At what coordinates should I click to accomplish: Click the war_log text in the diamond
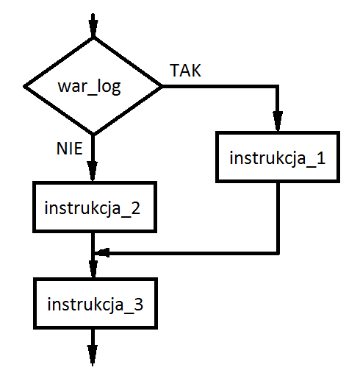pyautogui.click(x=89, y=86)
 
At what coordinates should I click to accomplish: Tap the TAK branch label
pyautogui.click(x=185, y=71)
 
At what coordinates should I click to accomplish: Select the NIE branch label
pyautogui.click(x=70, y=149)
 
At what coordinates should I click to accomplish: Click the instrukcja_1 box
pyautogui.click(x=278, y=157)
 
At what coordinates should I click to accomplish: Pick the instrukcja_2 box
pyautogui.click(x=95, y=207)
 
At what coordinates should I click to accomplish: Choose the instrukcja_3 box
pyautogui.click(x=96, y=303)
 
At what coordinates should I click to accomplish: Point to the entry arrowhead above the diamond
pyautogui.click(x=93, y=28)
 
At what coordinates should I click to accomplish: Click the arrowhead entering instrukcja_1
pyautogui.click(x=278, y=121)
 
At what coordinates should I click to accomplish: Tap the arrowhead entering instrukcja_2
pyautogui.click(x=93, y=171)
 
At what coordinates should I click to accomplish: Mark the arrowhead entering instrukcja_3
pyautogui.click(x=93, y=269)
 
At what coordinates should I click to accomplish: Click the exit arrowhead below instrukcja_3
pyautogui.click(x=93, y=355)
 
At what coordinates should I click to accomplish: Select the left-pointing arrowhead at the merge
pyautogui.click(x=101, y=252)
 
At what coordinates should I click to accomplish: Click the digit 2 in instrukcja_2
pyautogui.click(x=135, y=208)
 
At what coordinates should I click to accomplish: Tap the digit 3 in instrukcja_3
pyautogui.click(x=138, y=305)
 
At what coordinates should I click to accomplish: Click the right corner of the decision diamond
pyautogui.click(x=162, y=86)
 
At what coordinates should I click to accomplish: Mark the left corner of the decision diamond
pyautogui.click(x=24, y=86)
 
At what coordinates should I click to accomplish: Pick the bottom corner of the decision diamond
pyautogui.click(x=93, y=135)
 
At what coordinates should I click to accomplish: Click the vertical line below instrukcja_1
pyautogui.click(x=278, y=218)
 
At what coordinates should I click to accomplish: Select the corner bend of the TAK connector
pyautogui.click(x=278, y=87)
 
